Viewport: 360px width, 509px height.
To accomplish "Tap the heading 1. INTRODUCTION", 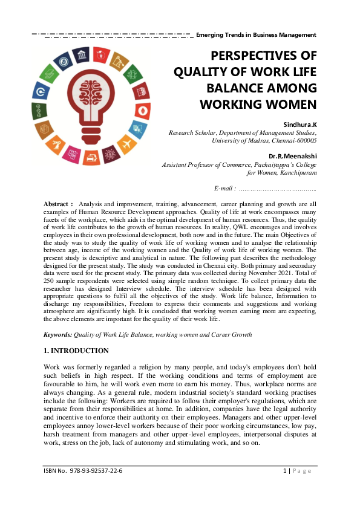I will [76, 351].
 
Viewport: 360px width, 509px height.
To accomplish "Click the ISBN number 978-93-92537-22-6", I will [96, 470].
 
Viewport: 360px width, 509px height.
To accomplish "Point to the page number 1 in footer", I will [285, 470].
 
